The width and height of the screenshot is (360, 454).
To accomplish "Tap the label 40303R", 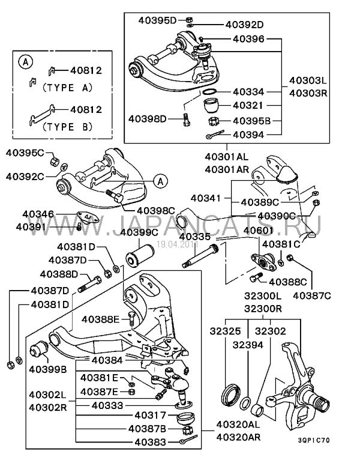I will (308, 93).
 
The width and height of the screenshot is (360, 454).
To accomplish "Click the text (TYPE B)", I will (67, 127).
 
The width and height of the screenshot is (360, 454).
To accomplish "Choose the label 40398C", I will (155, 210).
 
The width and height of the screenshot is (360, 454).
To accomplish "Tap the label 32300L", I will (262, 296).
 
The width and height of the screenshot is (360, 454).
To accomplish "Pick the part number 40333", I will (108, 405).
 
